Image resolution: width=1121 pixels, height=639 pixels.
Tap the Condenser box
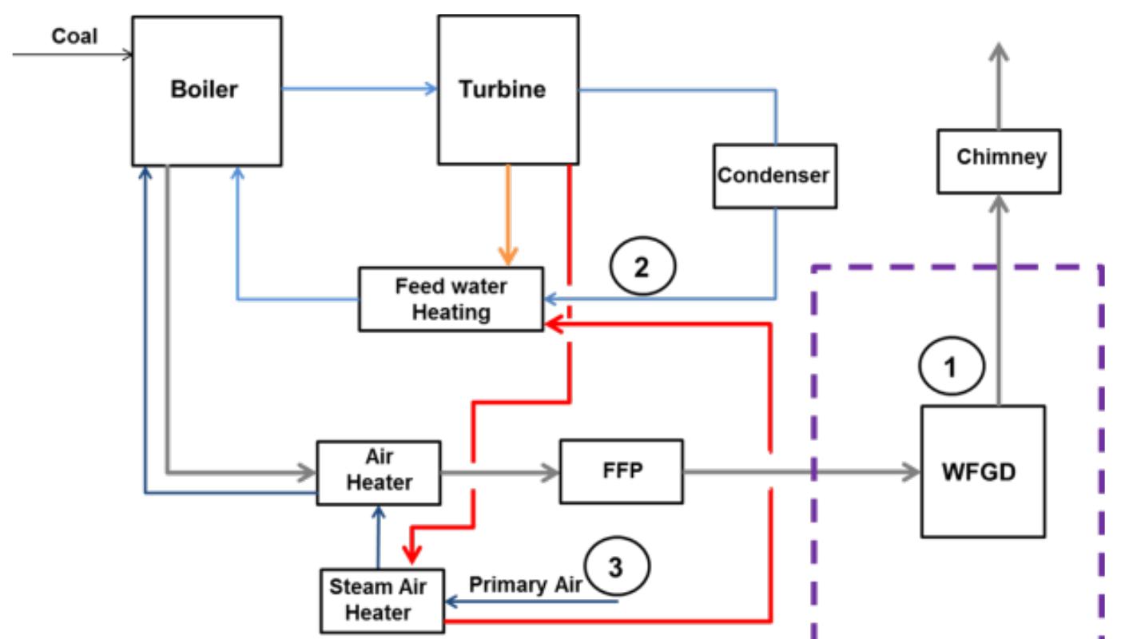pyautogui.click(x=773, y=177)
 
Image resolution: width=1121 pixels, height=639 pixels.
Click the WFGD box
pyautogui.click(x=982, y=471)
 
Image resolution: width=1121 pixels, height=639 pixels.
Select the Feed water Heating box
pyautogui.click(x=451, y=299)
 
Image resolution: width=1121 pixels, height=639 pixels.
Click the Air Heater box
pyautogui.click(x=378, y=472)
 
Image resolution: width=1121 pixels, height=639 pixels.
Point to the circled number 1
pyautogui.click(x=950, y=367)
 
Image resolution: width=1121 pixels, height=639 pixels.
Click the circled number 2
pyautogui.click(x=641, y=268)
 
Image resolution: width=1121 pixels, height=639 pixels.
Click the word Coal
pyautogui.click(x=74, y=36)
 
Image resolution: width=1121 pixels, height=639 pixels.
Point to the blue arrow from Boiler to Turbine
pyautogui.click(x=360, y=89)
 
